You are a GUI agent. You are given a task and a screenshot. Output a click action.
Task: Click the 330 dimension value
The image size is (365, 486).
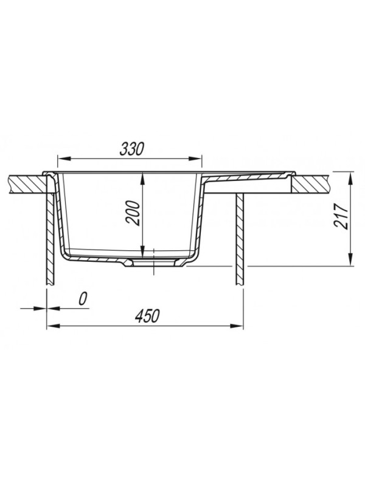[132, 149]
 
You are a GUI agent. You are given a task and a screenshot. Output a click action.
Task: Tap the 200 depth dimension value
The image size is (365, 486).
[132, 213]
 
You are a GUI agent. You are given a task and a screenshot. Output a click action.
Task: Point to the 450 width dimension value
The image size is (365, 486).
[147, 316]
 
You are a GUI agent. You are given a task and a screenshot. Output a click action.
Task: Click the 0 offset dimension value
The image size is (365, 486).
[83, 299]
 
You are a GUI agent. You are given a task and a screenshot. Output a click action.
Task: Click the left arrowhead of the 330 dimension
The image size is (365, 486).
[64, 159]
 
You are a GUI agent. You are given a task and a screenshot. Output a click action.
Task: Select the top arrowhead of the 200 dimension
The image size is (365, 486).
[142, 179]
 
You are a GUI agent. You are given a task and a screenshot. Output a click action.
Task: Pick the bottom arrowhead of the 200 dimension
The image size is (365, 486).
[142, 252]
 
